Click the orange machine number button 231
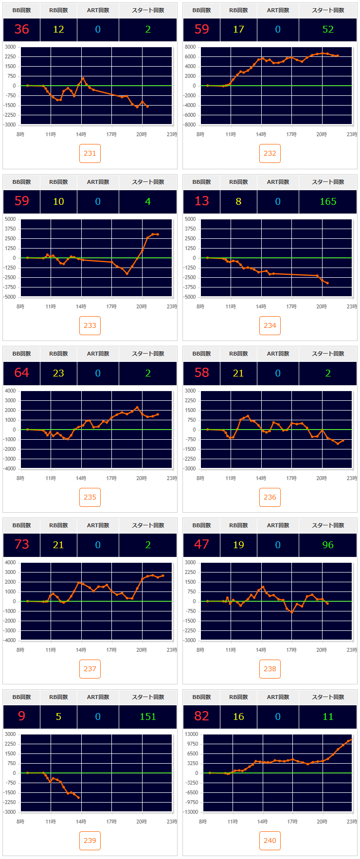[90, 153]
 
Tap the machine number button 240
[270, 841]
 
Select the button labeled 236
[270, 497]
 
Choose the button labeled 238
[270, 669]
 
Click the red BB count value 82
[201, 716]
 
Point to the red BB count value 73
[21, 545]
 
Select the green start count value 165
[328, 201]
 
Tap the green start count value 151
[148, 716]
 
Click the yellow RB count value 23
[58, 373]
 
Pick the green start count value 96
[328, 545]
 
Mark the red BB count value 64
[21, 373]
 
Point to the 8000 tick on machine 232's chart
[190, 47]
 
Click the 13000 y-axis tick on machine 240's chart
[191, 734]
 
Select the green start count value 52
[328, 30]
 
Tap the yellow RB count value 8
[238, 201]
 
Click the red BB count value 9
[21, 716]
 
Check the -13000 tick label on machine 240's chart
[190, 812]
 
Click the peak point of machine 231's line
[83, 78]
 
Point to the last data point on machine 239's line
[78, 798]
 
